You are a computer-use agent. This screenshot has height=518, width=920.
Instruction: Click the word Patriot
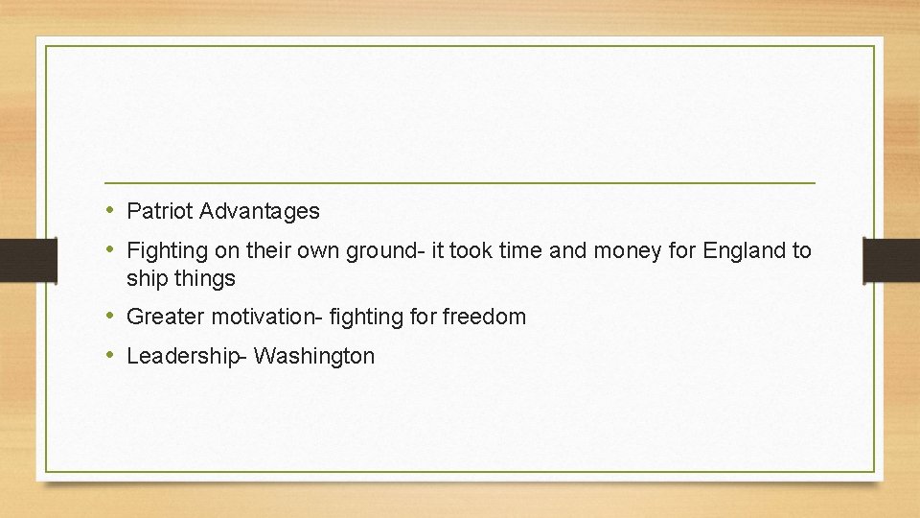tap(160, 210)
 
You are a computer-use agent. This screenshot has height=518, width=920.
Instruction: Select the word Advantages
tap(260, 210)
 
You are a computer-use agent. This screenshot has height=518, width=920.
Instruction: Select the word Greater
tap(163, 317)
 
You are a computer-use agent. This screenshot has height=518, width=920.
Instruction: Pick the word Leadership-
tap(187, 356)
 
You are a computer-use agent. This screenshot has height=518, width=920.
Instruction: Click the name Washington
tap(314, 356)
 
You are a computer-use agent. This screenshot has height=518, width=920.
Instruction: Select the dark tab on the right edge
tap(891, 260)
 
